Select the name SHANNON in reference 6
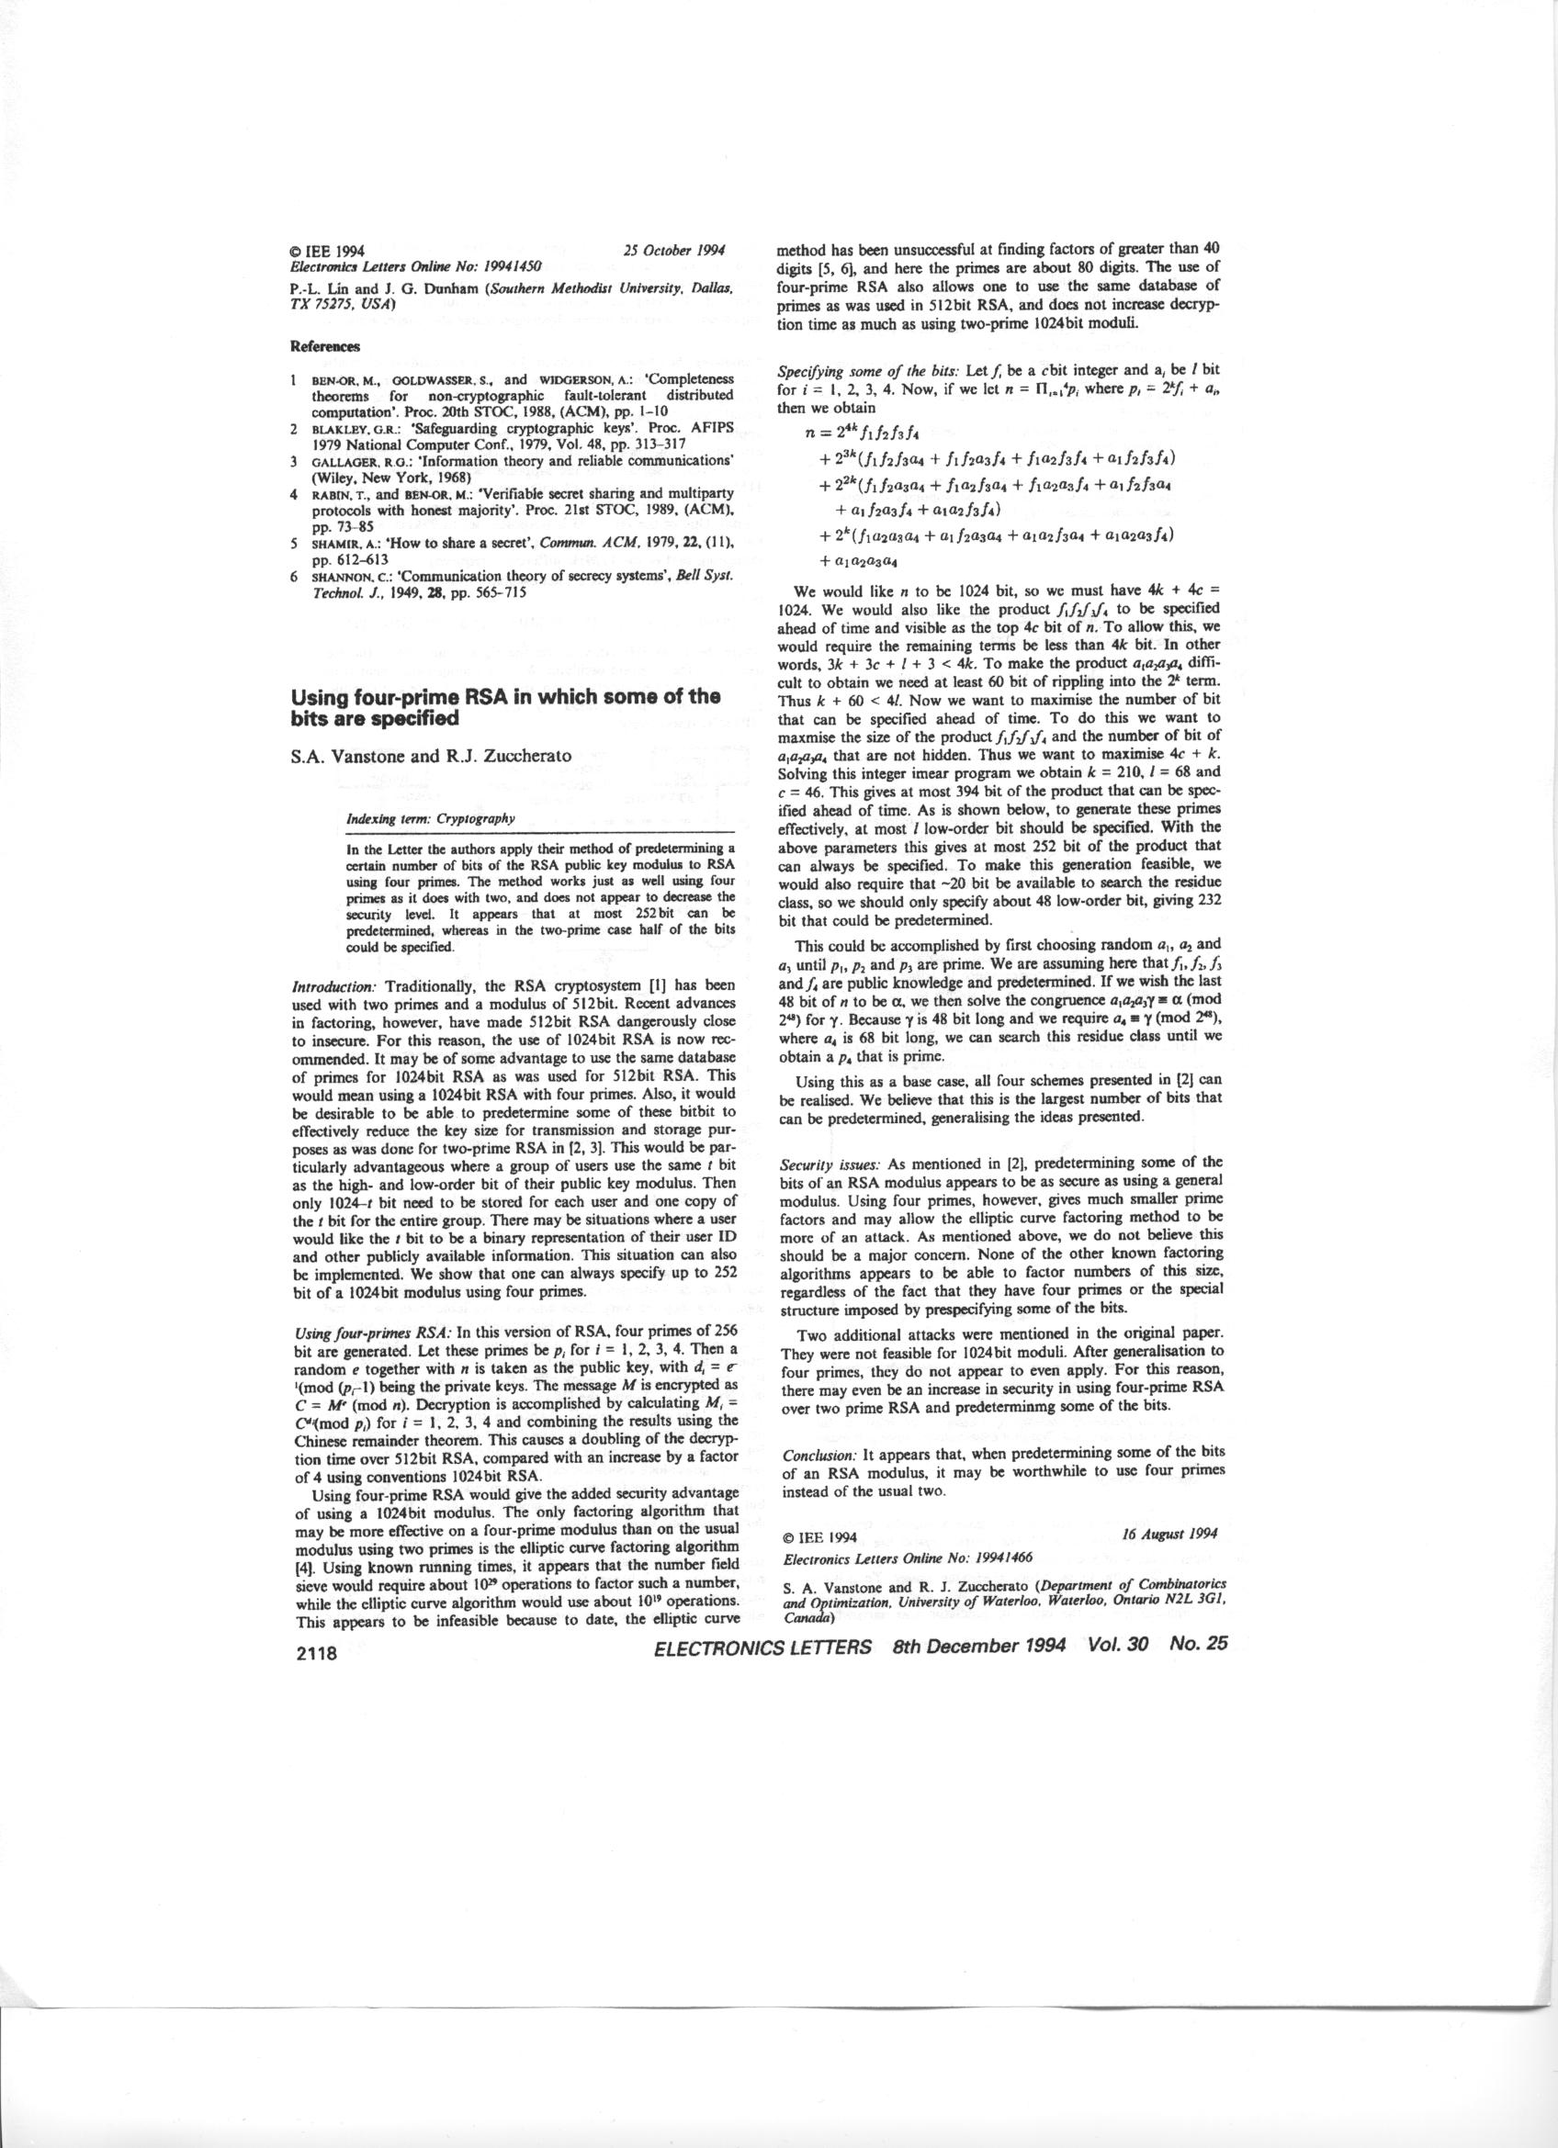(x=340, y=576)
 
